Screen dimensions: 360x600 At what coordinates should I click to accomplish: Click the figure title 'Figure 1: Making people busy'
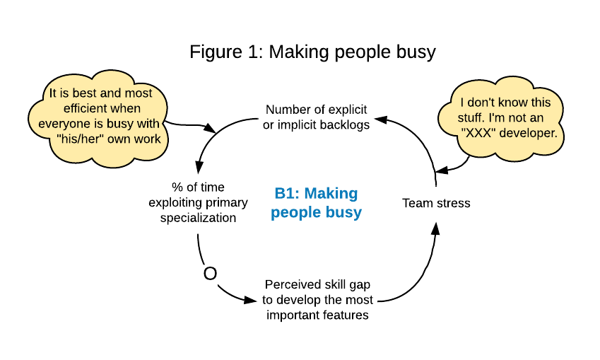tap(312, 52)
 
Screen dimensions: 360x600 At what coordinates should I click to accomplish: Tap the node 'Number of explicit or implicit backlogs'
tap(317, 117)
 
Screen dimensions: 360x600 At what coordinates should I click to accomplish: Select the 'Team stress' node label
tap(436, 203)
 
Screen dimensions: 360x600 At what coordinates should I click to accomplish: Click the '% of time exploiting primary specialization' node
tap(198, 202)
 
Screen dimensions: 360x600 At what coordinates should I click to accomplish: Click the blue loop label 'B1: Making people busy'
tap(316, 202)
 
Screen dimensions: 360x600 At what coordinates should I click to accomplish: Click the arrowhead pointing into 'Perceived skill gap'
tap(250, 300)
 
